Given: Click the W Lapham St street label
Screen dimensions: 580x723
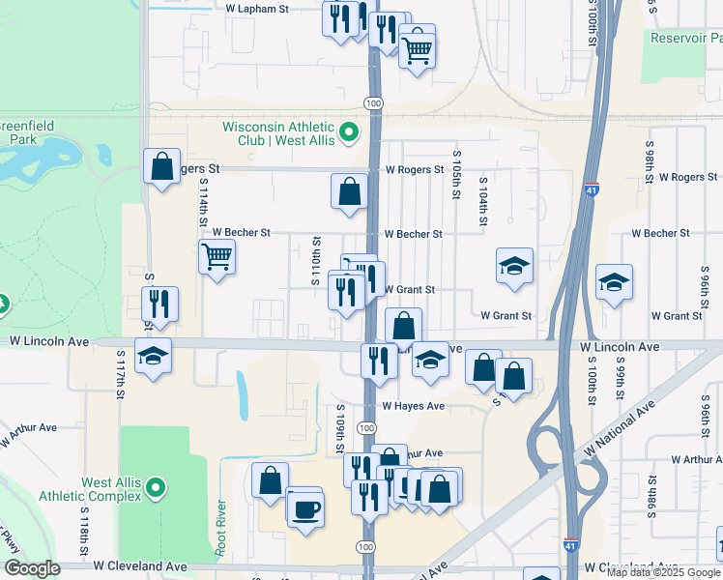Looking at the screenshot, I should [x=257, y=8].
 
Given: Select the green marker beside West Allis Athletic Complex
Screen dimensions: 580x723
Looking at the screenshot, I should [x=160, y=489].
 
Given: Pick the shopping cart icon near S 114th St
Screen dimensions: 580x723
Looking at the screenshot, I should [x=217, y=257].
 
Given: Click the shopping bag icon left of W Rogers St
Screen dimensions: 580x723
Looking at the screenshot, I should [x=161, y=165].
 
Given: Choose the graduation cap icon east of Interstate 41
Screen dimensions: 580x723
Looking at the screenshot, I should [x=614, y=282].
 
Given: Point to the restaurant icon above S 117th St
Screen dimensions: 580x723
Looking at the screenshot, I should [x=159, y=304].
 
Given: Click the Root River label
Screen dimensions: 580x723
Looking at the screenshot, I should [x=221, y=526].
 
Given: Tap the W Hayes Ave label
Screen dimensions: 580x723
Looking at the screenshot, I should [x=413, y=406].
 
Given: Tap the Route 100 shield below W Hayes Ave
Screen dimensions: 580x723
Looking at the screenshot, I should [x=366, y=427].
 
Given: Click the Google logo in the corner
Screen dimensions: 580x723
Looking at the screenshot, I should [x=31, y=569].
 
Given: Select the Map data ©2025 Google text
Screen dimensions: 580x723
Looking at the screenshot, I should [x=662, y=572].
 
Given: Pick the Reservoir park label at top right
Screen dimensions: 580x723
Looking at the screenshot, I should [x=685, y=38].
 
